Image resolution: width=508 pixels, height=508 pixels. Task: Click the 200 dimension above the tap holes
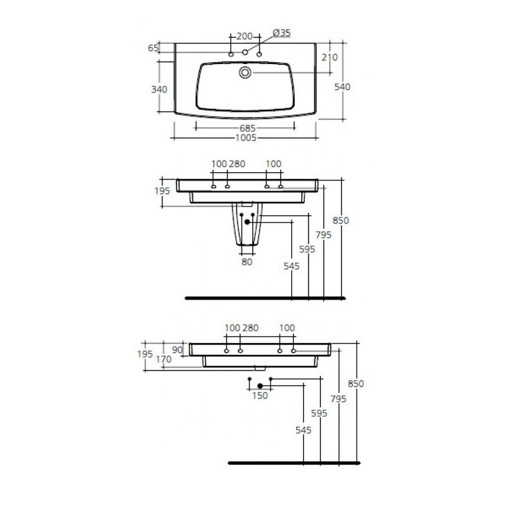244,36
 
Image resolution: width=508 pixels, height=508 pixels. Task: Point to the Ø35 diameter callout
281,33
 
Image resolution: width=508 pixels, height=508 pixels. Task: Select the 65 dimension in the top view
152,48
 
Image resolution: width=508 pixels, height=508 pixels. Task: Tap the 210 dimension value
329,57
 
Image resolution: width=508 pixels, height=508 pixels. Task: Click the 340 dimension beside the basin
159,89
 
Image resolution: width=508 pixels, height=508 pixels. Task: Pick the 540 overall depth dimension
342,87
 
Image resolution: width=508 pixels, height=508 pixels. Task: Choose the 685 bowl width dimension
248,128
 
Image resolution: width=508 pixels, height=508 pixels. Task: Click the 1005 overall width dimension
246,137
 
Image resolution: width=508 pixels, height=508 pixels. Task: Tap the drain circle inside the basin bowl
245,73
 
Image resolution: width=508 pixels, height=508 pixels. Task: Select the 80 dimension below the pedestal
247,261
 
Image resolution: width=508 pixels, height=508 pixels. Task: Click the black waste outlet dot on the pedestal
247,222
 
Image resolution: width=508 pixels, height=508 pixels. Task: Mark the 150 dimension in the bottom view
260,396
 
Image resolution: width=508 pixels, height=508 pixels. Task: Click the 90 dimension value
178,350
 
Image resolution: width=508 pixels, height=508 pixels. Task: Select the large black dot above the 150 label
259,386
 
